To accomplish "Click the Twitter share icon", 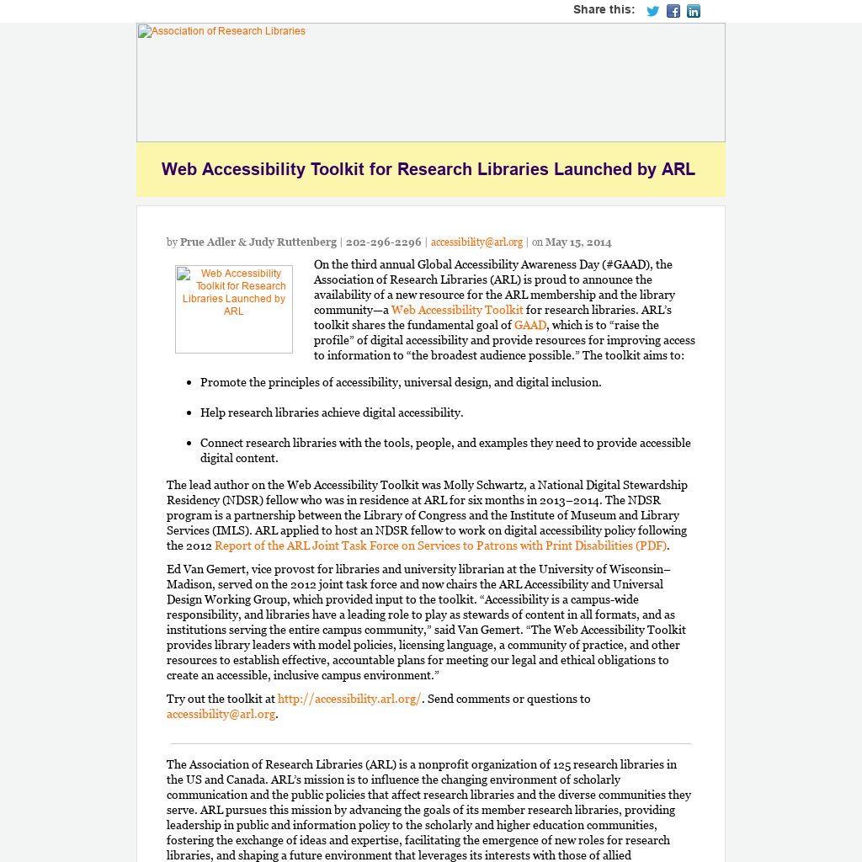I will point(652,11).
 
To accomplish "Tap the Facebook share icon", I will point(673,11).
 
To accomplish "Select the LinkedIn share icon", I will point(694,11).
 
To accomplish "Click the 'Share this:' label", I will point(604,10).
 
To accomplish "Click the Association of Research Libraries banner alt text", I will point(222,31).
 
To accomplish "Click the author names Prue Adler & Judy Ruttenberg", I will point(258,242).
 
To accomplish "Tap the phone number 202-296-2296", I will point(383,242).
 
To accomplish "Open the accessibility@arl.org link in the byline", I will point(476,242).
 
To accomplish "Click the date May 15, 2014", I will point(578,242).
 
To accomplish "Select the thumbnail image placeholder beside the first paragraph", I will point(234,309).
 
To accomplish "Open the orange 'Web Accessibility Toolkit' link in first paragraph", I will point(457,310).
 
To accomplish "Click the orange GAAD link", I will point(530,325).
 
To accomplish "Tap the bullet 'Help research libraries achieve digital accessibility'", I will point(332,412).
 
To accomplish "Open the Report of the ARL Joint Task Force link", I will point(440,545).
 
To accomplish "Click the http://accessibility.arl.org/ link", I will point(349,699).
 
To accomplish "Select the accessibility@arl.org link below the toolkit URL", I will point(221,714).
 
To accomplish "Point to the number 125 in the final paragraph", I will point(562,764).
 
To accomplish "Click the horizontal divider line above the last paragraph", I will point(430,744).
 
